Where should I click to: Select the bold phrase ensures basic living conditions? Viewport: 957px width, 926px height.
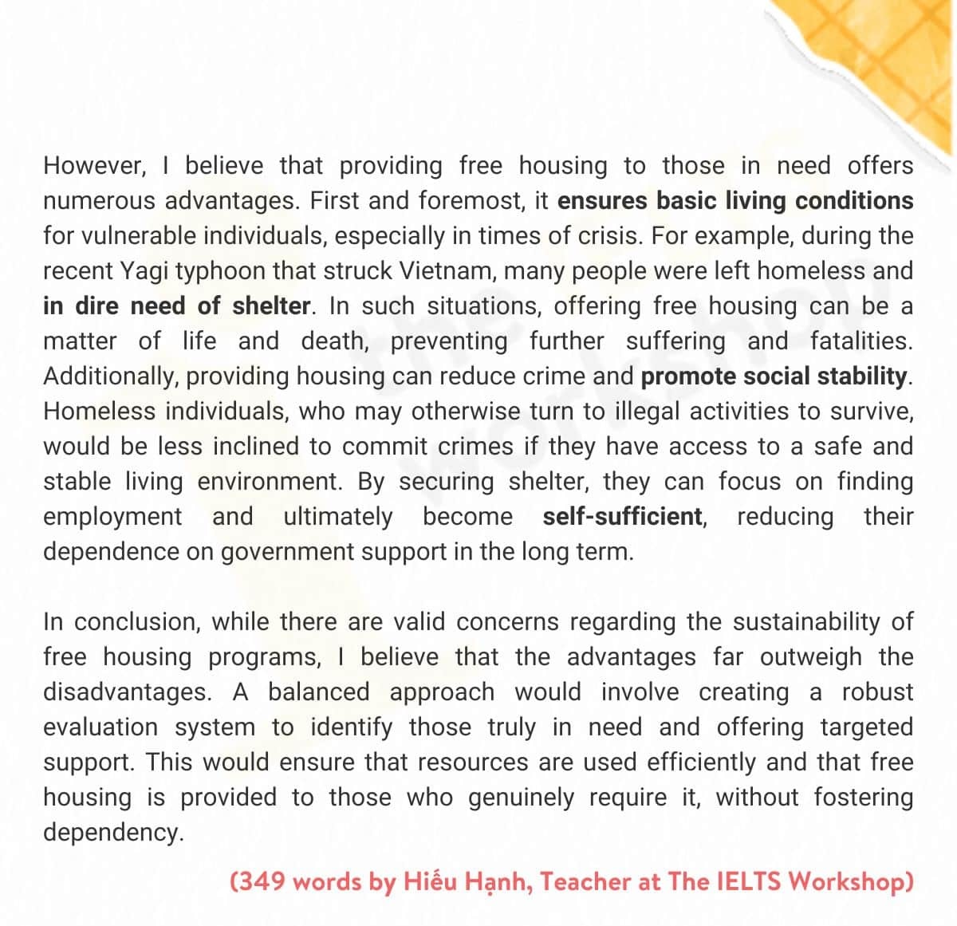point(734,201)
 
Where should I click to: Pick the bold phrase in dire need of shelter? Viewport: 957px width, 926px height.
point(176,306)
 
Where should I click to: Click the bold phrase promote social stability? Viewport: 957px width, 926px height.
point(774,376)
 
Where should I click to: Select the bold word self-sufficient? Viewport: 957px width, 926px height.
point(622,517)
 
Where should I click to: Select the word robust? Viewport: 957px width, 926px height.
point(877,692)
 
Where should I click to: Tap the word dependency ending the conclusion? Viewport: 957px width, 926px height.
point(112,833)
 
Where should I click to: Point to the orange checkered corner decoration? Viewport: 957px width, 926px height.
point(885,64)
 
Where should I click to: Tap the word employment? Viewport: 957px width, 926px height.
point(112,517)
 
